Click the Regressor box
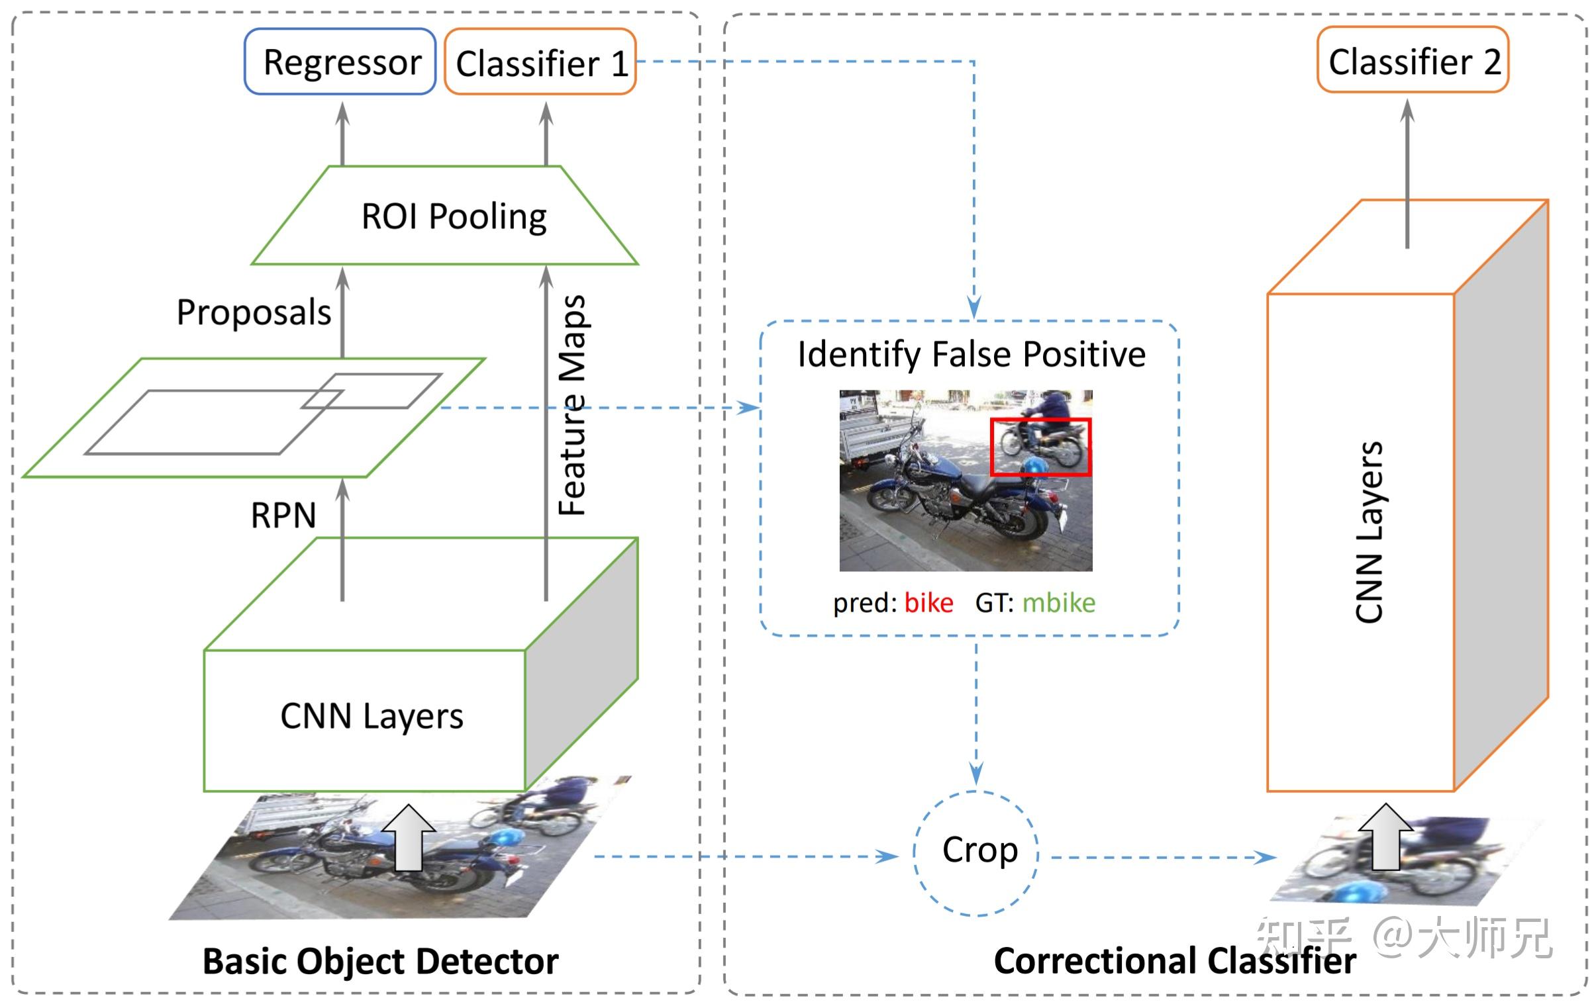point(340,62)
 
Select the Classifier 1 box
point(540,62)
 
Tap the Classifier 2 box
point(1413,60)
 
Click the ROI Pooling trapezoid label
point(454,216)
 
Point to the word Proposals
point(254,312)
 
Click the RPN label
point(283,515)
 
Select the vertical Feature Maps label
point(572,405)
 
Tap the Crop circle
point(976,852)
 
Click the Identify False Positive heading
point(971,354)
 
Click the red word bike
point(928,603)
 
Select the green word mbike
point(1058,603)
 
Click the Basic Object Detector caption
point(380,961)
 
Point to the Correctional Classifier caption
point(1174,961)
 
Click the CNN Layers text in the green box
point(372,716)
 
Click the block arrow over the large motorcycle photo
point(409,837)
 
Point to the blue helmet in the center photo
point(1035,467)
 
